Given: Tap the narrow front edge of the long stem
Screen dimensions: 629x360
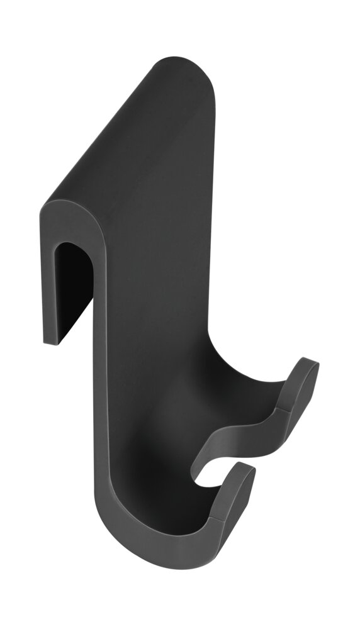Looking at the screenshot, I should point(104,377).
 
